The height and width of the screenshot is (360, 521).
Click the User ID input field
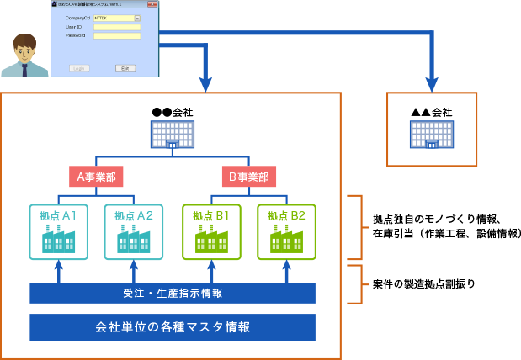(x=116, y=27)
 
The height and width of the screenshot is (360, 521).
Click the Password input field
(x=116, y=35)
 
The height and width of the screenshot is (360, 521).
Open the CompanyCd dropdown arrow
(x=137, y=18)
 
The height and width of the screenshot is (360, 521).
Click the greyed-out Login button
(x=79, y=68)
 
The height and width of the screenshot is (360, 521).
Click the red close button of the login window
(x=152, y=3)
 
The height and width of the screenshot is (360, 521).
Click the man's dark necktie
(x=25, y=71)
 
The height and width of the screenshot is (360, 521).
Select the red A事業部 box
(x=96, y=177)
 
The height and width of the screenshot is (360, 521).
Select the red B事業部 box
(x=248, y=177)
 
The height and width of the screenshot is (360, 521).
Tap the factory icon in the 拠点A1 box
(x=58, y=239)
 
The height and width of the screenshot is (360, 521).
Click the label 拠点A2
(x=134, y=215)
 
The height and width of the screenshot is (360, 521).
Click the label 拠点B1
(x=210, y=215)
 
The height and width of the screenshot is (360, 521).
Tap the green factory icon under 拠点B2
(x=286, y=239)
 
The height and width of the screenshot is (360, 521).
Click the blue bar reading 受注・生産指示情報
(x=172, y=293)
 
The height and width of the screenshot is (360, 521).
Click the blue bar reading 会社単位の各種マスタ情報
(x=172, y=326)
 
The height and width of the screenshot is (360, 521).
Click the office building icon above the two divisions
(x=172, y=135)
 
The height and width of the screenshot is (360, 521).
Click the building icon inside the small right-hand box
(x=431, y=135)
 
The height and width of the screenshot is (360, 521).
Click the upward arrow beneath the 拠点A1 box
(x=58, y=271)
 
